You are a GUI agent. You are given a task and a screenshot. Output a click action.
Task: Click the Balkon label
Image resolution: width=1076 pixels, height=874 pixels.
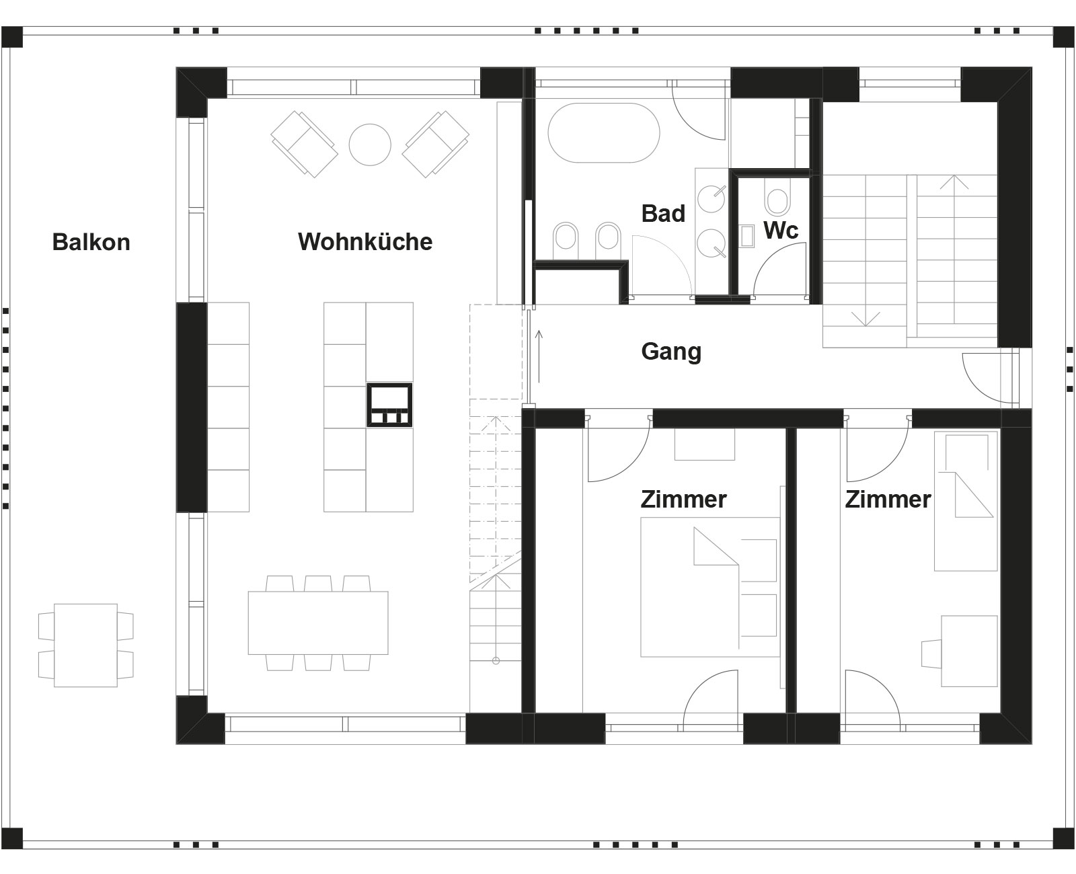91,242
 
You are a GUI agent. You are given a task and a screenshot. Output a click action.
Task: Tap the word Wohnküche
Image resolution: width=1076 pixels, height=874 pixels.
365,242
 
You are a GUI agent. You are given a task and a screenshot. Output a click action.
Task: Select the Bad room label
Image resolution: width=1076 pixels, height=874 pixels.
663,214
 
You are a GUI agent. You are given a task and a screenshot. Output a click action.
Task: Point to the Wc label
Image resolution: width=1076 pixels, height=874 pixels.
781,230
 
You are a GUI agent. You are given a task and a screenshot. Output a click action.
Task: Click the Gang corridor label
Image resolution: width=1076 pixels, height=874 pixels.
671,352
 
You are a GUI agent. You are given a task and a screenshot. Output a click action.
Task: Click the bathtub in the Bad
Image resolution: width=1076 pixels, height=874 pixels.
604,133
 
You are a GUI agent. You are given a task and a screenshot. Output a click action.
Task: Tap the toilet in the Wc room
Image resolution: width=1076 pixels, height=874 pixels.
777,198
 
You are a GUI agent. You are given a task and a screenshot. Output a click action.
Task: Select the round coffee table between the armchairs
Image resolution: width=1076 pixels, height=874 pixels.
370,145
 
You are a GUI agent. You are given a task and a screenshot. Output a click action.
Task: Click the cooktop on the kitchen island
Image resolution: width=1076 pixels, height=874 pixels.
389,405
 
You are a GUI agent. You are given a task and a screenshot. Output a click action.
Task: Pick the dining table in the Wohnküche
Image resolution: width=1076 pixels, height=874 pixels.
318,623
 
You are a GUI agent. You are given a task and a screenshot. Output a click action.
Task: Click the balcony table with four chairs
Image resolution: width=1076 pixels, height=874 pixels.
86,645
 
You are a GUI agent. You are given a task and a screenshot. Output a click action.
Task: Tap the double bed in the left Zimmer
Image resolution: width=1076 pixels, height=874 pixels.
710,587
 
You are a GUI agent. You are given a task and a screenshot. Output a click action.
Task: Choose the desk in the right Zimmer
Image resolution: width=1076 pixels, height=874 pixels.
970,651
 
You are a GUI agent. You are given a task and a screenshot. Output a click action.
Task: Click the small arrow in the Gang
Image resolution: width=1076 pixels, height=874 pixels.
539,356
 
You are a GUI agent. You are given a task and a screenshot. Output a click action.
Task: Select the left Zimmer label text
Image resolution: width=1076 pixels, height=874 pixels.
683,500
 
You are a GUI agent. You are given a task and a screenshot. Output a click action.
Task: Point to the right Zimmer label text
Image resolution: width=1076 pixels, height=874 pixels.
888,500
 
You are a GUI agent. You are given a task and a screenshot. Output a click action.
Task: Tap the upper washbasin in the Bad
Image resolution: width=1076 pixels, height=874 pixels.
711,198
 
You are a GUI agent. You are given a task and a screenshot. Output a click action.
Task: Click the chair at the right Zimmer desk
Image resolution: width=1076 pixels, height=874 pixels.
931,654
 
